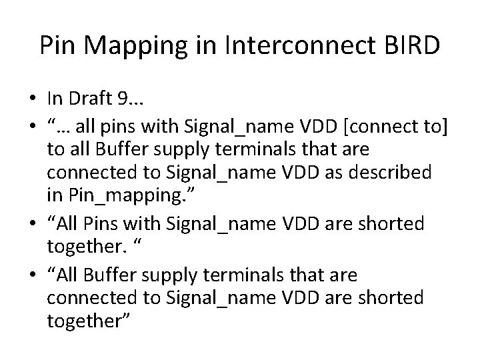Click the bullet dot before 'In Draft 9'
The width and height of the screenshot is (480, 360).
33,100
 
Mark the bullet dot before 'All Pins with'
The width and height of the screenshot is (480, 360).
33,225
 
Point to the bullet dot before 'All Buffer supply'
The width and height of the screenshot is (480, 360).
33,274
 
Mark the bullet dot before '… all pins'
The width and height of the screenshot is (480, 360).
33,125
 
